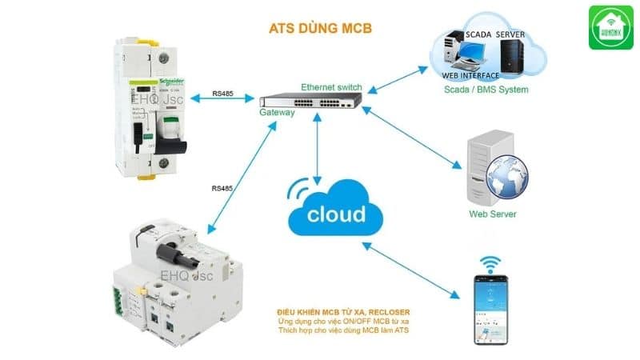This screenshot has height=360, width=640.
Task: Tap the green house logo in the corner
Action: tap(610, 28)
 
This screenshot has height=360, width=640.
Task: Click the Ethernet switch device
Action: tap(311, 102)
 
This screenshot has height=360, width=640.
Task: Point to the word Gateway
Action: tap(277, 114)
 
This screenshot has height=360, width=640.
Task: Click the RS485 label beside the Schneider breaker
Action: tap(223, 94)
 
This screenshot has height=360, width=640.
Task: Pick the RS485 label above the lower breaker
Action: tap(222, 188)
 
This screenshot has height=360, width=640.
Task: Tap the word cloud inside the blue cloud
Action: tap(336, 214)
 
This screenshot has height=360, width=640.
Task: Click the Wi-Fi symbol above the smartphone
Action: tap(490, 264)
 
